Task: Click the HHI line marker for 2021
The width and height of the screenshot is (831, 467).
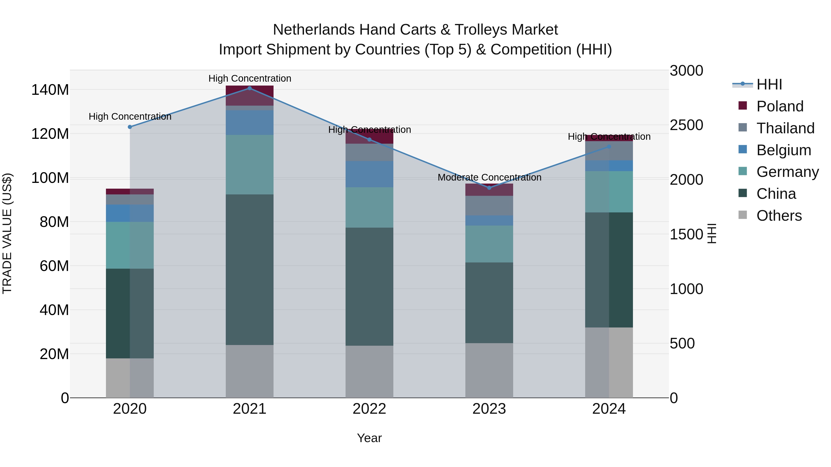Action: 249,88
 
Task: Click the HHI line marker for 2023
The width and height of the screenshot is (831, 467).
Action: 489,187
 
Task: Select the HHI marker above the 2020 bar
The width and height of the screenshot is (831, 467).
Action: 130,127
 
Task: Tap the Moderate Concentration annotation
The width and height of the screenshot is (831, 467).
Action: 489,178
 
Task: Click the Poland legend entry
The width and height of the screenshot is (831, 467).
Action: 779,106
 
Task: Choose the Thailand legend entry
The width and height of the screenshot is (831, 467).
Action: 785,128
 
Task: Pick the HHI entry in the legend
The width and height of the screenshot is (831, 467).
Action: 769,84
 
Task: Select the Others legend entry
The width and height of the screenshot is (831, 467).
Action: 779,216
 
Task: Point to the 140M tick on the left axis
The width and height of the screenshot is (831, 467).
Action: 50,90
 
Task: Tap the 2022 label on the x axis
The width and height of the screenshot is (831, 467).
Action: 369,409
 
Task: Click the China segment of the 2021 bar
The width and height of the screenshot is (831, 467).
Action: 249,269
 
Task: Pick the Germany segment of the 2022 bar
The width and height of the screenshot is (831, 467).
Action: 369,207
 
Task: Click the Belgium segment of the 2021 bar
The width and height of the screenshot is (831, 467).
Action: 249,122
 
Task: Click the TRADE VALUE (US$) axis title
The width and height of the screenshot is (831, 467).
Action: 7,233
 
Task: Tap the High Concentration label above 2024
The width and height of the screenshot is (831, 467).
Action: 609,137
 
